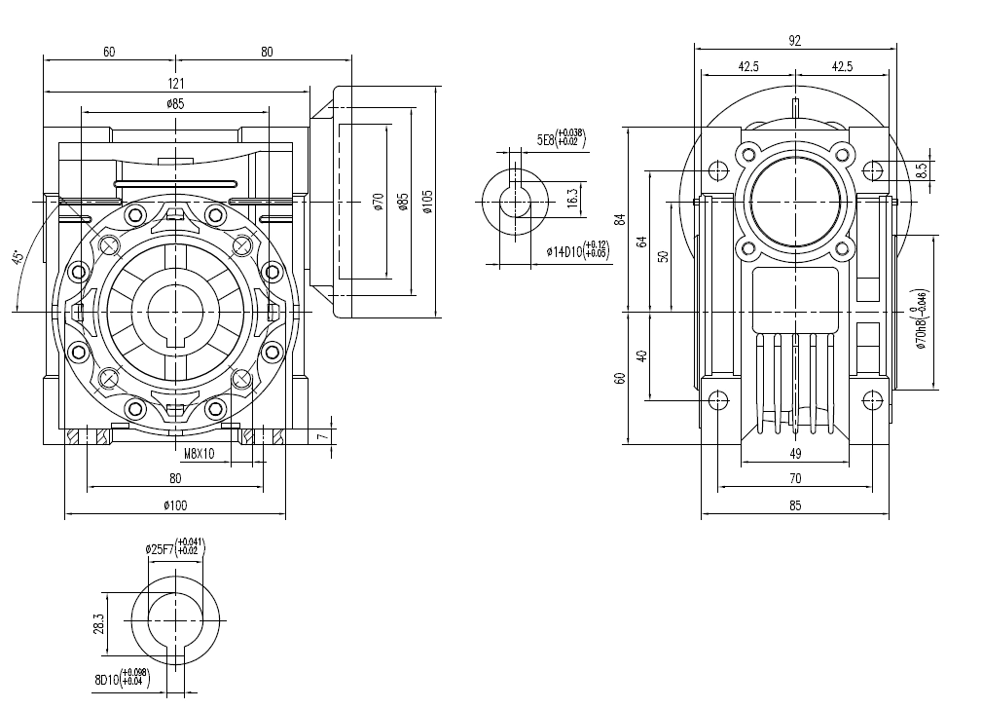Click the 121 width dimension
176,84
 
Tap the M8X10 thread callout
200,453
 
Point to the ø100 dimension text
174,504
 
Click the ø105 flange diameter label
426,203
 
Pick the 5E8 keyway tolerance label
562,140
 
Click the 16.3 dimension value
572,198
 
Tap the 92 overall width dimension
794,40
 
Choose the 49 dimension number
794,453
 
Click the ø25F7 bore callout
175,548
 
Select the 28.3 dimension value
97,623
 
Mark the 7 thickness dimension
321,436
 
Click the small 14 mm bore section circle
516,202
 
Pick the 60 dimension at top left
109,53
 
